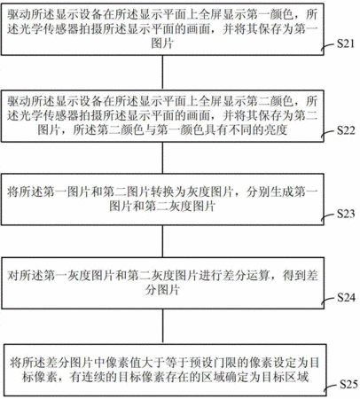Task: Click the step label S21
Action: (x=346, y=43)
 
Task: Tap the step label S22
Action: (x=346, y=130)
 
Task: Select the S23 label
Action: (x=346, y=214)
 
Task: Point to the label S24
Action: (x=346, y=297)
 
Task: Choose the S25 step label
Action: (x=348, y=384)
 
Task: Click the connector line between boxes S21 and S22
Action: (x=162, y=73)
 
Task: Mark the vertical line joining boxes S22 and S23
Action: (x=162, y=158)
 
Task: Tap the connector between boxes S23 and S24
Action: (x=162, y=241)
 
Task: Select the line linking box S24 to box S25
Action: (x=162, y=326)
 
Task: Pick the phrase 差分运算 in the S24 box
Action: (x=246, y=276)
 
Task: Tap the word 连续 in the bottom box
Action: (x=93, y=377)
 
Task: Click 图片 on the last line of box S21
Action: (x=162, y=43)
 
